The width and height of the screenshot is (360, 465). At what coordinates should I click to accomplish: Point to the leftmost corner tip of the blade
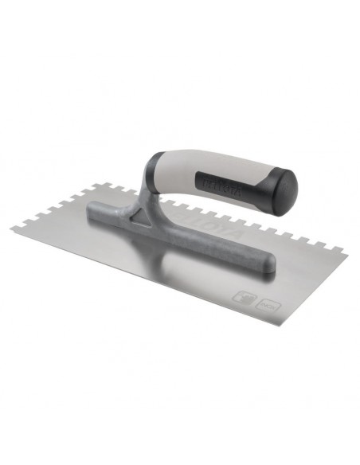[x=11, y=229]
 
